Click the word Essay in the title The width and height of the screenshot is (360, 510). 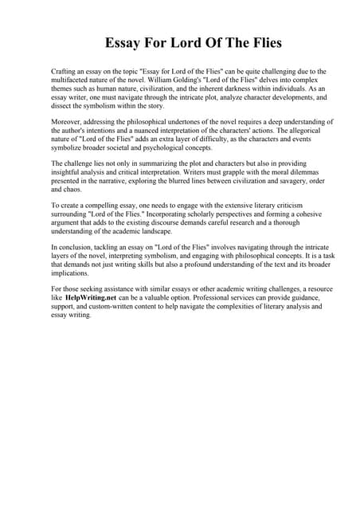pyautogui.click(x=127, y=42)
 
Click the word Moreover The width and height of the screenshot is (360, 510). pyautogui.click(x=66, y=121)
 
